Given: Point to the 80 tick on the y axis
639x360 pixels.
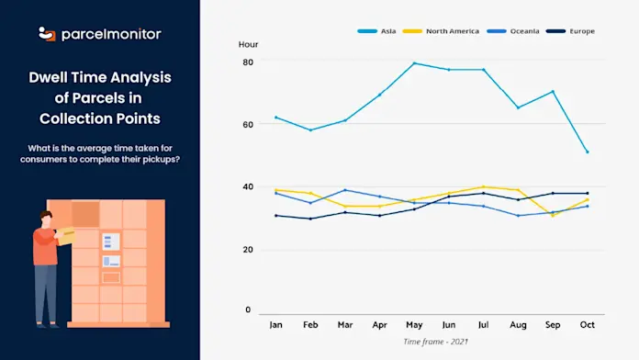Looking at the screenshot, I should (247, 62).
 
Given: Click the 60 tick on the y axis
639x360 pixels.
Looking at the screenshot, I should (247, 124).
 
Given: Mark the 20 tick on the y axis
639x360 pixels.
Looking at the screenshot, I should (247, 250).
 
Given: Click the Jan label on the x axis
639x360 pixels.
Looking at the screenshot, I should (275, 324).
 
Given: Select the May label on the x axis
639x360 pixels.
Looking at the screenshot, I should (414, 324).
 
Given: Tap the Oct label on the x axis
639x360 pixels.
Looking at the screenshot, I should (588, 324).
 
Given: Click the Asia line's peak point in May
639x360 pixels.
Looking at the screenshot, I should (414, 63).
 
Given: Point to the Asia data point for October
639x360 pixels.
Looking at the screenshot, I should (588, 152).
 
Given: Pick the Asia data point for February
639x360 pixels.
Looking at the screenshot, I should (310, 129).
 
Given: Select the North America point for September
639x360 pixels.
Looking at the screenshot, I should (553, 215).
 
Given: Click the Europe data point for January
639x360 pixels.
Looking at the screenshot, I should (275, 215).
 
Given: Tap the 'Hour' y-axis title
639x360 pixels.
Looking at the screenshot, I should (248, 44).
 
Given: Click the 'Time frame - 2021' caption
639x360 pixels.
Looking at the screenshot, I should (432, 342).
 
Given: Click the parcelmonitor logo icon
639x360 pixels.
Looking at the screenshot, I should (47, 34).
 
